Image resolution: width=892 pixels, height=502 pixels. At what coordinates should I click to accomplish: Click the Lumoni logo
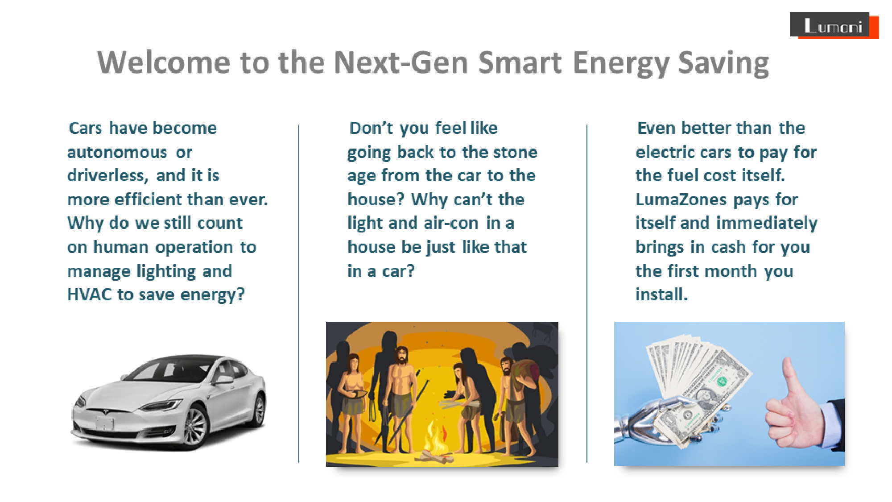pos(834,25)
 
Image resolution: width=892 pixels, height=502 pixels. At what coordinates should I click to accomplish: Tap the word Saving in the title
pos(723,63)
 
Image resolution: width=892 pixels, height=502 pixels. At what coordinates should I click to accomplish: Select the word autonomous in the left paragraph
pos(117,152)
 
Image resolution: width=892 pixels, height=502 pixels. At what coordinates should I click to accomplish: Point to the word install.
pos(661,295)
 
